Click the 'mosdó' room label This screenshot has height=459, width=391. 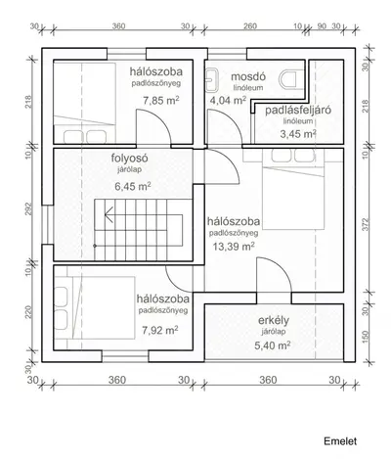pos(248,77)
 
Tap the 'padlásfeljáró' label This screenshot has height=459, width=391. pos(298,110)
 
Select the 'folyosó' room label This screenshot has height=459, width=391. pos(130,159)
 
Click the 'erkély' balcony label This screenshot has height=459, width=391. pos(274,321)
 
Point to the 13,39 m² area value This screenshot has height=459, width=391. pos(234,247)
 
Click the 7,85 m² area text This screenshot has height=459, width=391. pos(161,101)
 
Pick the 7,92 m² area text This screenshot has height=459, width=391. pos(160,331)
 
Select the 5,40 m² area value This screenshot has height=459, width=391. pos(273,345)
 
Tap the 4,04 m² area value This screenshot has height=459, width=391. pos(228,101)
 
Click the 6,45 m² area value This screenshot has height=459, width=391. pos(133,187)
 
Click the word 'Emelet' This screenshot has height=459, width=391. pos(340,441)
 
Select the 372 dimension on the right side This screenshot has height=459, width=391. pos(366,224)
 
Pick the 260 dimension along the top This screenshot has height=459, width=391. pos(250,26)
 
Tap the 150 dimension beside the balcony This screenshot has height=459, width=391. pos(366,337)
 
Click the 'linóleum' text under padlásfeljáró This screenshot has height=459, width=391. pos(298,121)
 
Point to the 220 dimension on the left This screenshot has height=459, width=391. pos(28,312)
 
